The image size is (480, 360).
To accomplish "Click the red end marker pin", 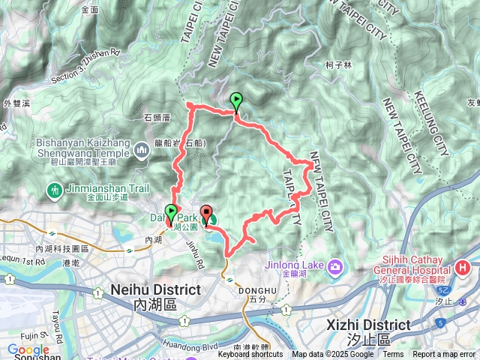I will (206, 213).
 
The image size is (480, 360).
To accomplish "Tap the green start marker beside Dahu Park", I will (171, 212).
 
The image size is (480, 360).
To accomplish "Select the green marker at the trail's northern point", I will (237, 100).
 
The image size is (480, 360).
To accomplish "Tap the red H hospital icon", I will (463, 266).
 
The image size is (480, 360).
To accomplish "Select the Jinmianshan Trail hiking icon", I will (54, 190).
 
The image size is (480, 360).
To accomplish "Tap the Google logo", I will (28, 349).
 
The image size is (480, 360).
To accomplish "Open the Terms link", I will (393, 355).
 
